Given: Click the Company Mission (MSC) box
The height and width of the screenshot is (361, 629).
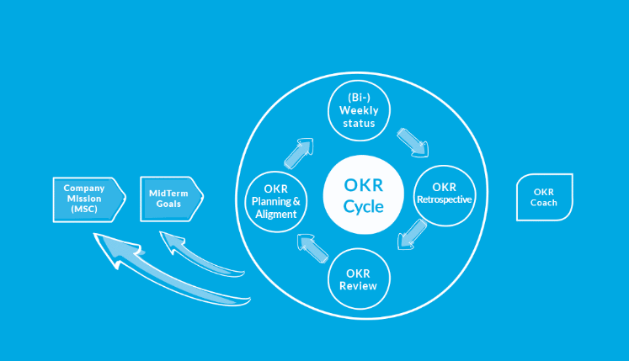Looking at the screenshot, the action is click(x=89, y=199).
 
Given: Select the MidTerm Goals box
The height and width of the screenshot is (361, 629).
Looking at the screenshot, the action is click(x=172, y=199).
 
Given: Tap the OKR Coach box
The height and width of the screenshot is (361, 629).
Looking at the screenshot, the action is click(x=544, y=198).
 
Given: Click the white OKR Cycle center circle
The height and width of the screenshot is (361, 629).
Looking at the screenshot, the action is click(x=364, y=195).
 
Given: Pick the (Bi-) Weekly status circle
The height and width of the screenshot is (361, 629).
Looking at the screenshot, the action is click(x=359, y=111).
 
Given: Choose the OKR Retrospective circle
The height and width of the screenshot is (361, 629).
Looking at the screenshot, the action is click(x=445, y=196).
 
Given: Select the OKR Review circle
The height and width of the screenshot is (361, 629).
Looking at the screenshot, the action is click(x=359, y=279).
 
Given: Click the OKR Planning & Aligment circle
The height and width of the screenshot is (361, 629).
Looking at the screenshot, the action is click(x=276, y=202).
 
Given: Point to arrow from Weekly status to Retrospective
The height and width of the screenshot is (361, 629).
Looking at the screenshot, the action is click(x=413, y=142).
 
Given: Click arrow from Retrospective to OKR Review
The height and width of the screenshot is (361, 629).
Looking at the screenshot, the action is click(x=412, y=235).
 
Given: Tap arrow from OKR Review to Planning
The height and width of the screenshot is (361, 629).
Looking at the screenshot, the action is click(x=313, y=249).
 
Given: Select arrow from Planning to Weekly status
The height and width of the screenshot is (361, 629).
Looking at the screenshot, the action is click(x=299, y=153).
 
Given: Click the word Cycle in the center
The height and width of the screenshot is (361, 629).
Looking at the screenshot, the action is click(x=364, y=206).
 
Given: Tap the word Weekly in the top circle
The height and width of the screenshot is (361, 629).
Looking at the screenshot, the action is click(x=359, y=111).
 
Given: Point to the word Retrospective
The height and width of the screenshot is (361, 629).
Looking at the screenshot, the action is click(x=445, y=199).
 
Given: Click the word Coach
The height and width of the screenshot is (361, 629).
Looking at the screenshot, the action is click(x=544, y=203).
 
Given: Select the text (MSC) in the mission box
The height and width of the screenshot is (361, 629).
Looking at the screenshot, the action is click(x=84, y=210).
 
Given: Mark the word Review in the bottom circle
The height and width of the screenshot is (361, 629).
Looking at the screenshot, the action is click(x=358, y=286).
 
